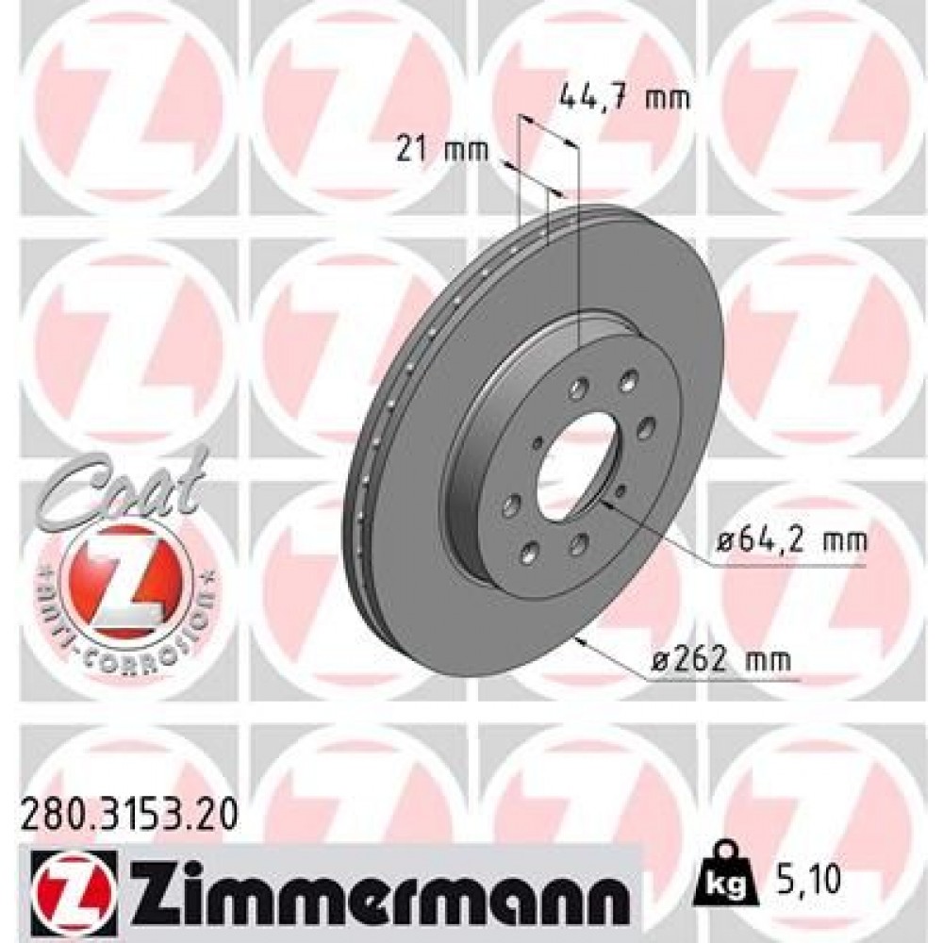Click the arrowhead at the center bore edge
pos(604,504)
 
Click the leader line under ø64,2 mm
pos(783,567)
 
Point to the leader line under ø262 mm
pos(726,679)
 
